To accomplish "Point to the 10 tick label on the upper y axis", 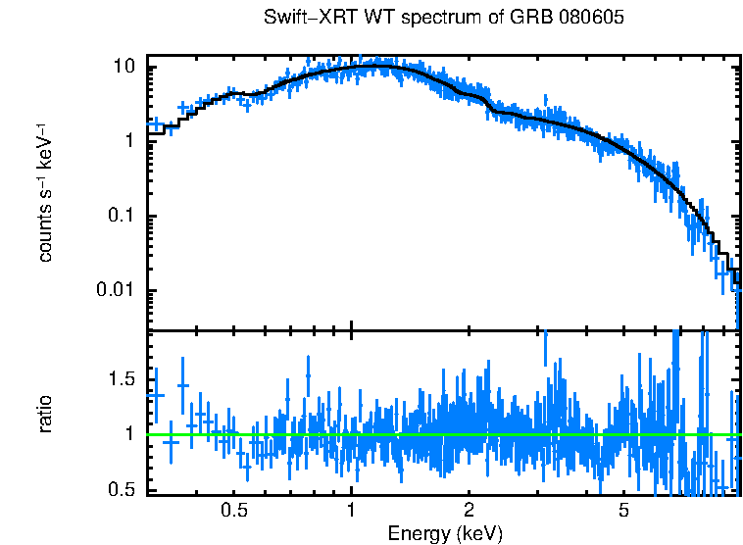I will click(124, 67).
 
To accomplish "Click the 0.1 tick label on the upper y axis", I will click(120, 217).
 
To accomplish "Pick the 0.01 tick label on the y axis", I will click(115, 291).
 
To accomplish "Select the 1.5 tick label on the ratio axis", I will click(120, 379).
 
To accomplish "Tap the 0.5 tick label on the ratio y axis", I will click(120, 489).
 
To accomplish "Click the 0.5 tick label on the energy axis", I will click(233, 511).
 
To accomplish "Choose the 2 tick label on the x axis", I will click(469, 511).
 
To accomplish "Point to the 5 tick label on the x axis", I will click(623, 511).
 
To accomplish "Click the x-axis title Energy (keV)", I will click(445, 533).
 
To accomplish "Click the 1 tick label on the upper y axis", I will click(128, 141).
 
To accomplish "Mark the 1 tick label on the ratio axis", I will click(128, 434).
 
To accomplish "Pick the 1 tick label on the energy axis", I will click(351, 511).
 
